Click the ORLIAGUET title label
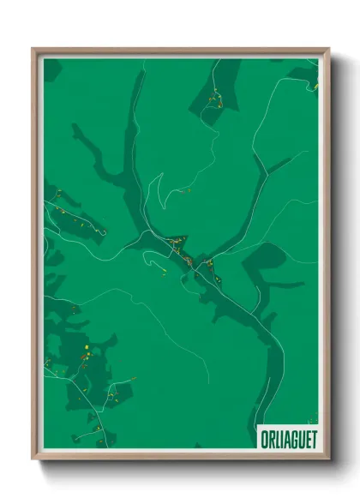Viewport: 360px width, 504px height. (287, 439)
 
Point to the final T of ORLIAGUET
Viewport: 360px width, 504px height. (313, 439)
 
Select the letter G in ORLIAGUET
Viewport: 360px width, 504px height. (294, 439)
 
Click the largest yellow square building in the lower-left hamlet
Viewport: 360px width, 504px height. (87, 346)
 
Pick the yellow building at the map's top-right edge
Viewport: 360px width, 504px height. (315, 86)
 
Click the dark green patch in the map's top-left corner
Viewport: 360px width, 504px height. (51, 69)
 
